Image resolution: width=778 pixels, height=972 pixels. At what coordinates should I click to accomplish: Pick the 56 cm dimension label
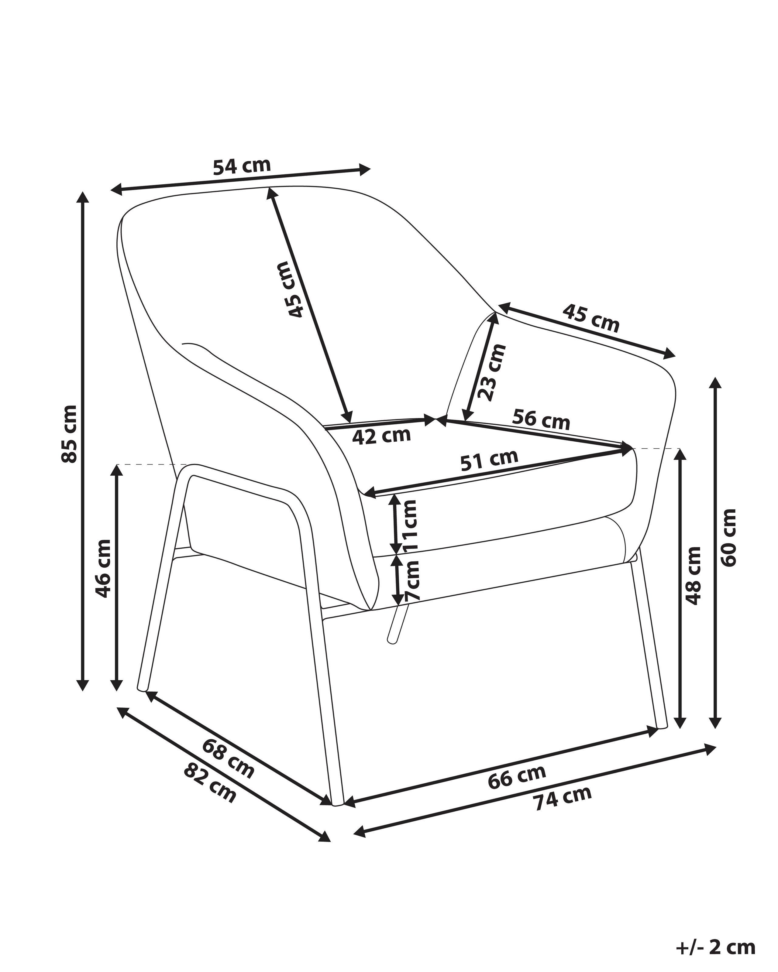pyautogui.click(x=541, y=419)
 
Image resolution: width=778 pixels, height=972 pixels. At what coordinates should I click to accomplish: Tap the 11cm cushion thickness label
pyautogui.click(x=411, y=525)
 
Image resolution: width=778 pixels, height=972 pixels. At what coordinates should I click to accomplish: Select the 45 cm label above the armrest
pyautogui.click(x=591, y=318)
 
